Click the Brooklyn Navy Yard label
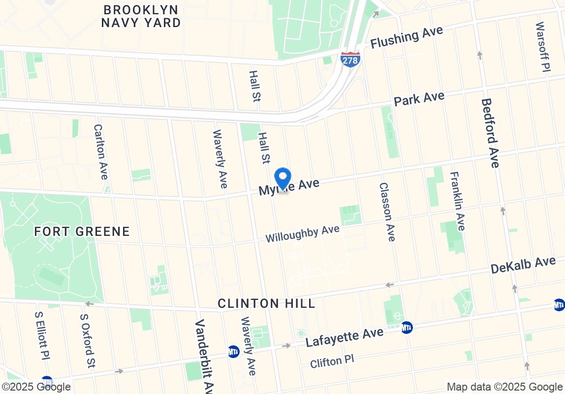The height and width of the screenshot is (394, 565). (141, 16)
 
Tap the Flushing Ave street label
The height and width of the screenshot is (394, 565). (407, 37)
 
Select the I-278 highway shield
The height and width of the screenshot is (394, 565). (350, 60)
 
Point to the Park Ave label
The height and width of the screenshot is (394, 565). (419, 98)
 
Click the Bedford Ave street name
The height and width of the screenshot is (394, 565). (490, 133)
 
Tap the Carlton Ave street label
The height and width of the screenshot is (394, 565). (100, 151)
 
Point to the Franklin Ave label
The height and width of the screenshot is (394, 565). (457, 201)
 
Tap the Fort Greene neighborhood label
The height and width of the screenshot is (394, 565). (82, 231)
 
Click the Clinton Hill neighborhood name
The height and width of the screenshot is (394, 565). (266, 303)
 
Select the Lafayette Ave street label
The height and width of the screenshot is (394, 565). (344, 337)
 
